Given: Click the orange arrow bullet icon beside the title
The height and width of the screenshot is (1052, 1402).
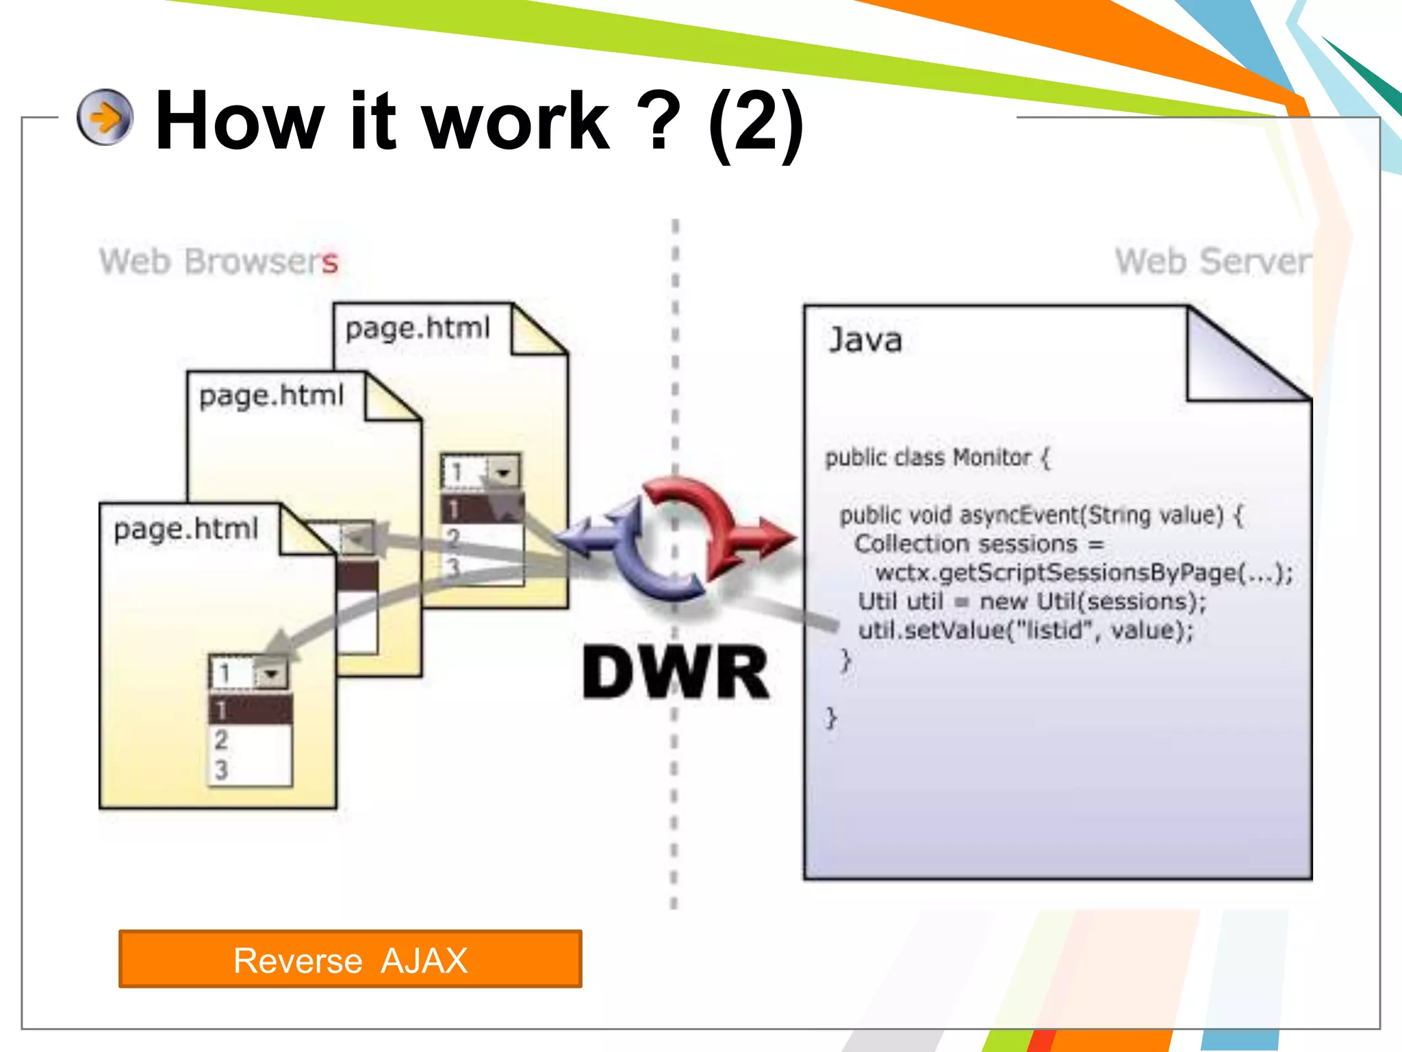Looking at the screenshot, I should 105,117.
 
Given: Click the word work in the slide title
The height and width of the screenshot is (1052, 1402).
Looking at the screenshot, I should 515,122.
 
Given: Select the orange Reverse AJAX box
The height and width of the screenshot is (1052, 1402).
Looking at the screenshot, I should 350,959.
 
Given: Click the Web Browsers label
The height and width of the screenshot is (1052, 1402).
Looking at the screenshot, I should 218,262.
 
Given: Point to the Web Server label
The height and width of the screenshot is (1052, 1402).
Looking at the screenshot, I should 1212,262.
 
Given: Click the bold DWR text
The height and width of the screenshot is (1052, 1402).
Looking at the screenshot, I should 676,673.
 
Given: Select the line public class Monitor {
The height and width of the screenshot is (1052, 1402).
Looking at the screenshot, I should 936,458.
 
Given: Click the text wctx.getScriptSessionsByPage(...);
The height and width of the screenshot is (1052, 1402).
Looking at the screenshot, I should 1084,573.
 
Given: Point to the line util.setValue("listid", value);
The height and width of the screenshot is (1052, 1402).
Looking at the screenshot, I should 1025,630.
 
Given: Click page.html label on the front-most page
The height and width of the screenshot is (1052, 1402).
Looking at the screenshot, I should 186,529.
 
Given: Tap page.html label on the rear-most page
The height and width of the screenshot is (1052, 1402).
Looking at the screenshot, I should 418,328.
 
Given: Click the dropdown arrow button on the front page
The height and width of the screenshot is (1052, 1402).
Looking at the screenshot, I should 272,674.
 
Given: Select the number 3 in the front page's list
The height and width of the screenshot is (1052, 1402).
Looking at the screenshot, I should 221,770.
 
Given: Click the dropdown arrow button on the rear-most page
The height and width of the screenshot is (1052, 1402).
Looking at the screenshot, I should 504,472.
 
